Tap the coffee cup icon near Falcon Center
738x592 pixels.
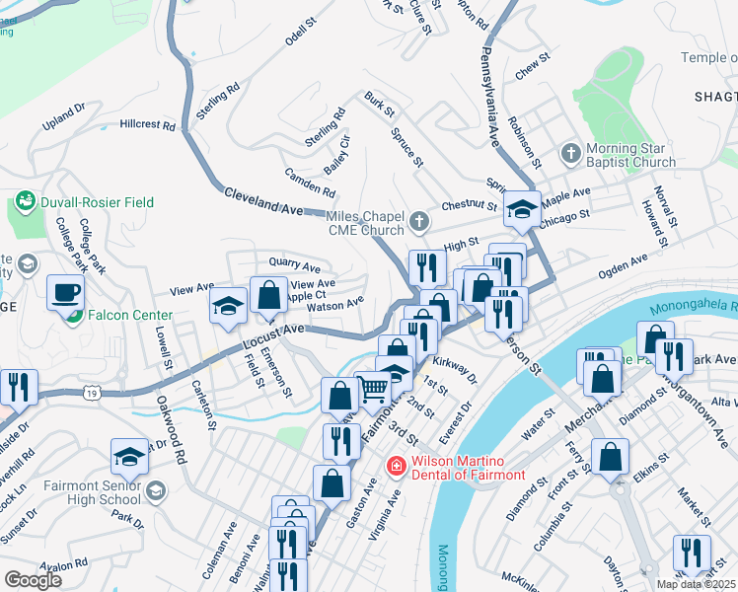pyautogui.click(x=66, y=293)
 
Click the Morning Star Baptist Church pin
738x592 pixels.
pyautogui.click(x=570, y=154)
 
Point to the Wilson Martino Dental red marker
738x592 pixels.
pyautogui.click(x=396, y=465)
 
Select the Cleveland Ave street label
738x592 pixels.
pyautogui.click(x=262, y=201)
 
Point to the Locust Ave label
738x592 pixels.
pyautogui.click(x=270, y=336)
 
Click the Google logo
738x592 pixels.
pyautogui.click(x=33, y=579)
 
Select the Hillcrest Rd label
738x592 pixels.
pyautogui.click(x=147, y=126)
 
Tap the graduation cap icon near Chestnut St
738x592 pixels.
pyautogui.click(x=523, y=208)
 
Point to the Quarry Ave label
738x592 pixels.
pyautogui.click(x=295, y=266)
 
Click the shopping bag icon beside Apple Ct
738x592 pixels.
pyautogui.click(x=268, y=293)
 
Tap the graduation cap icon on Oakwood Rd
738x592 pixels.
pyautogui.click(x=129, y=456)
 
